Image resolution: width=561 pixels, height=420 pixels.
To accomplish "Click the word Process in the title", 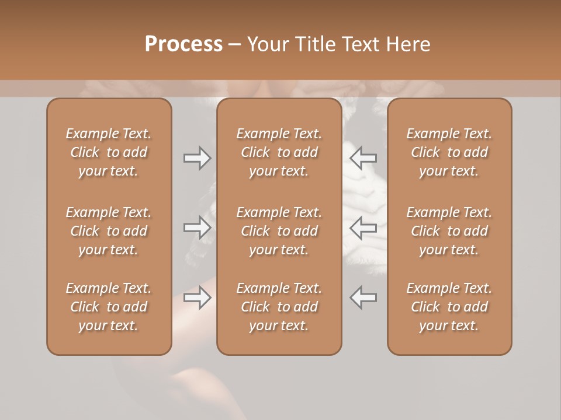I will (x=183, y=44).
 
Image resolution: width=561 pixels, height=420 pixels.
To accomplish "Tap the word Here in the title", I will (x=407, y=44).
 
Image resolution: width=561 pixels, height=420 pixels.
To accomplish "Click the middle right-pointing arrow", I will (x=198, y=228).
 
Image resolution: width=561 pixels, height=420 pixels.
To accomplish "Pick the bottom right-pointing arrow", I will (x=198, y=297).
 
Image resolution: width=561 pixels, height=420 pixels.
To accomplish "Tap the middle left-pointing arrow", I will (x=363, y=228).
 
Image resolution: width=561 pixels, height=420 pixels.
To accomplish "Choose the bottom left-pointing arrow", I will (x=363, y=297).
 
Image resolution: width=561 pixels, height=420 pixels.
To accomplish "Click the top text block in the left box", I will (x=109, y=152).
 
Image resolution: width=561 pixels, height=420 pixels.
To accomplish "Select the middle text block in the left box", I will (x=109, y=231).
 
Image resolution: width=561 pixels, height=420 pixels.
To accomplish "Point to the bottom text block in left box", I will (x=109, y=307).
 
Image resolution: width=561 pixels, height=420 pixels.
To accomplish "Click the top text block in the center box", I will (x=279, y=152).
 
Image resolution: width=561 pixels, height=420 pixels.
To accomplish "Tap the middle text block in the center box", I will (x=279, y=231).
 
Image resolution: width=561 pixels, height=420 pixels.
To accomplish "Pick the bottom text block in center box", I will (x=279, y=307).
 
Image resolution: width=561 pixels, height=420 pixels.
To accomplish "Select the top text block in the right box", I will (x=449, y=152).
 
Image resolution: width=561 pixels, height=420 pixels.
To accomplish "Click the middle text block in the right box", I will (x=449, y=231).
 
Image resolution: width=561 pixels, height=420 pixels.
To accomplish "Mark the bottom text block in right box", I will (x=449, y=307).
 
